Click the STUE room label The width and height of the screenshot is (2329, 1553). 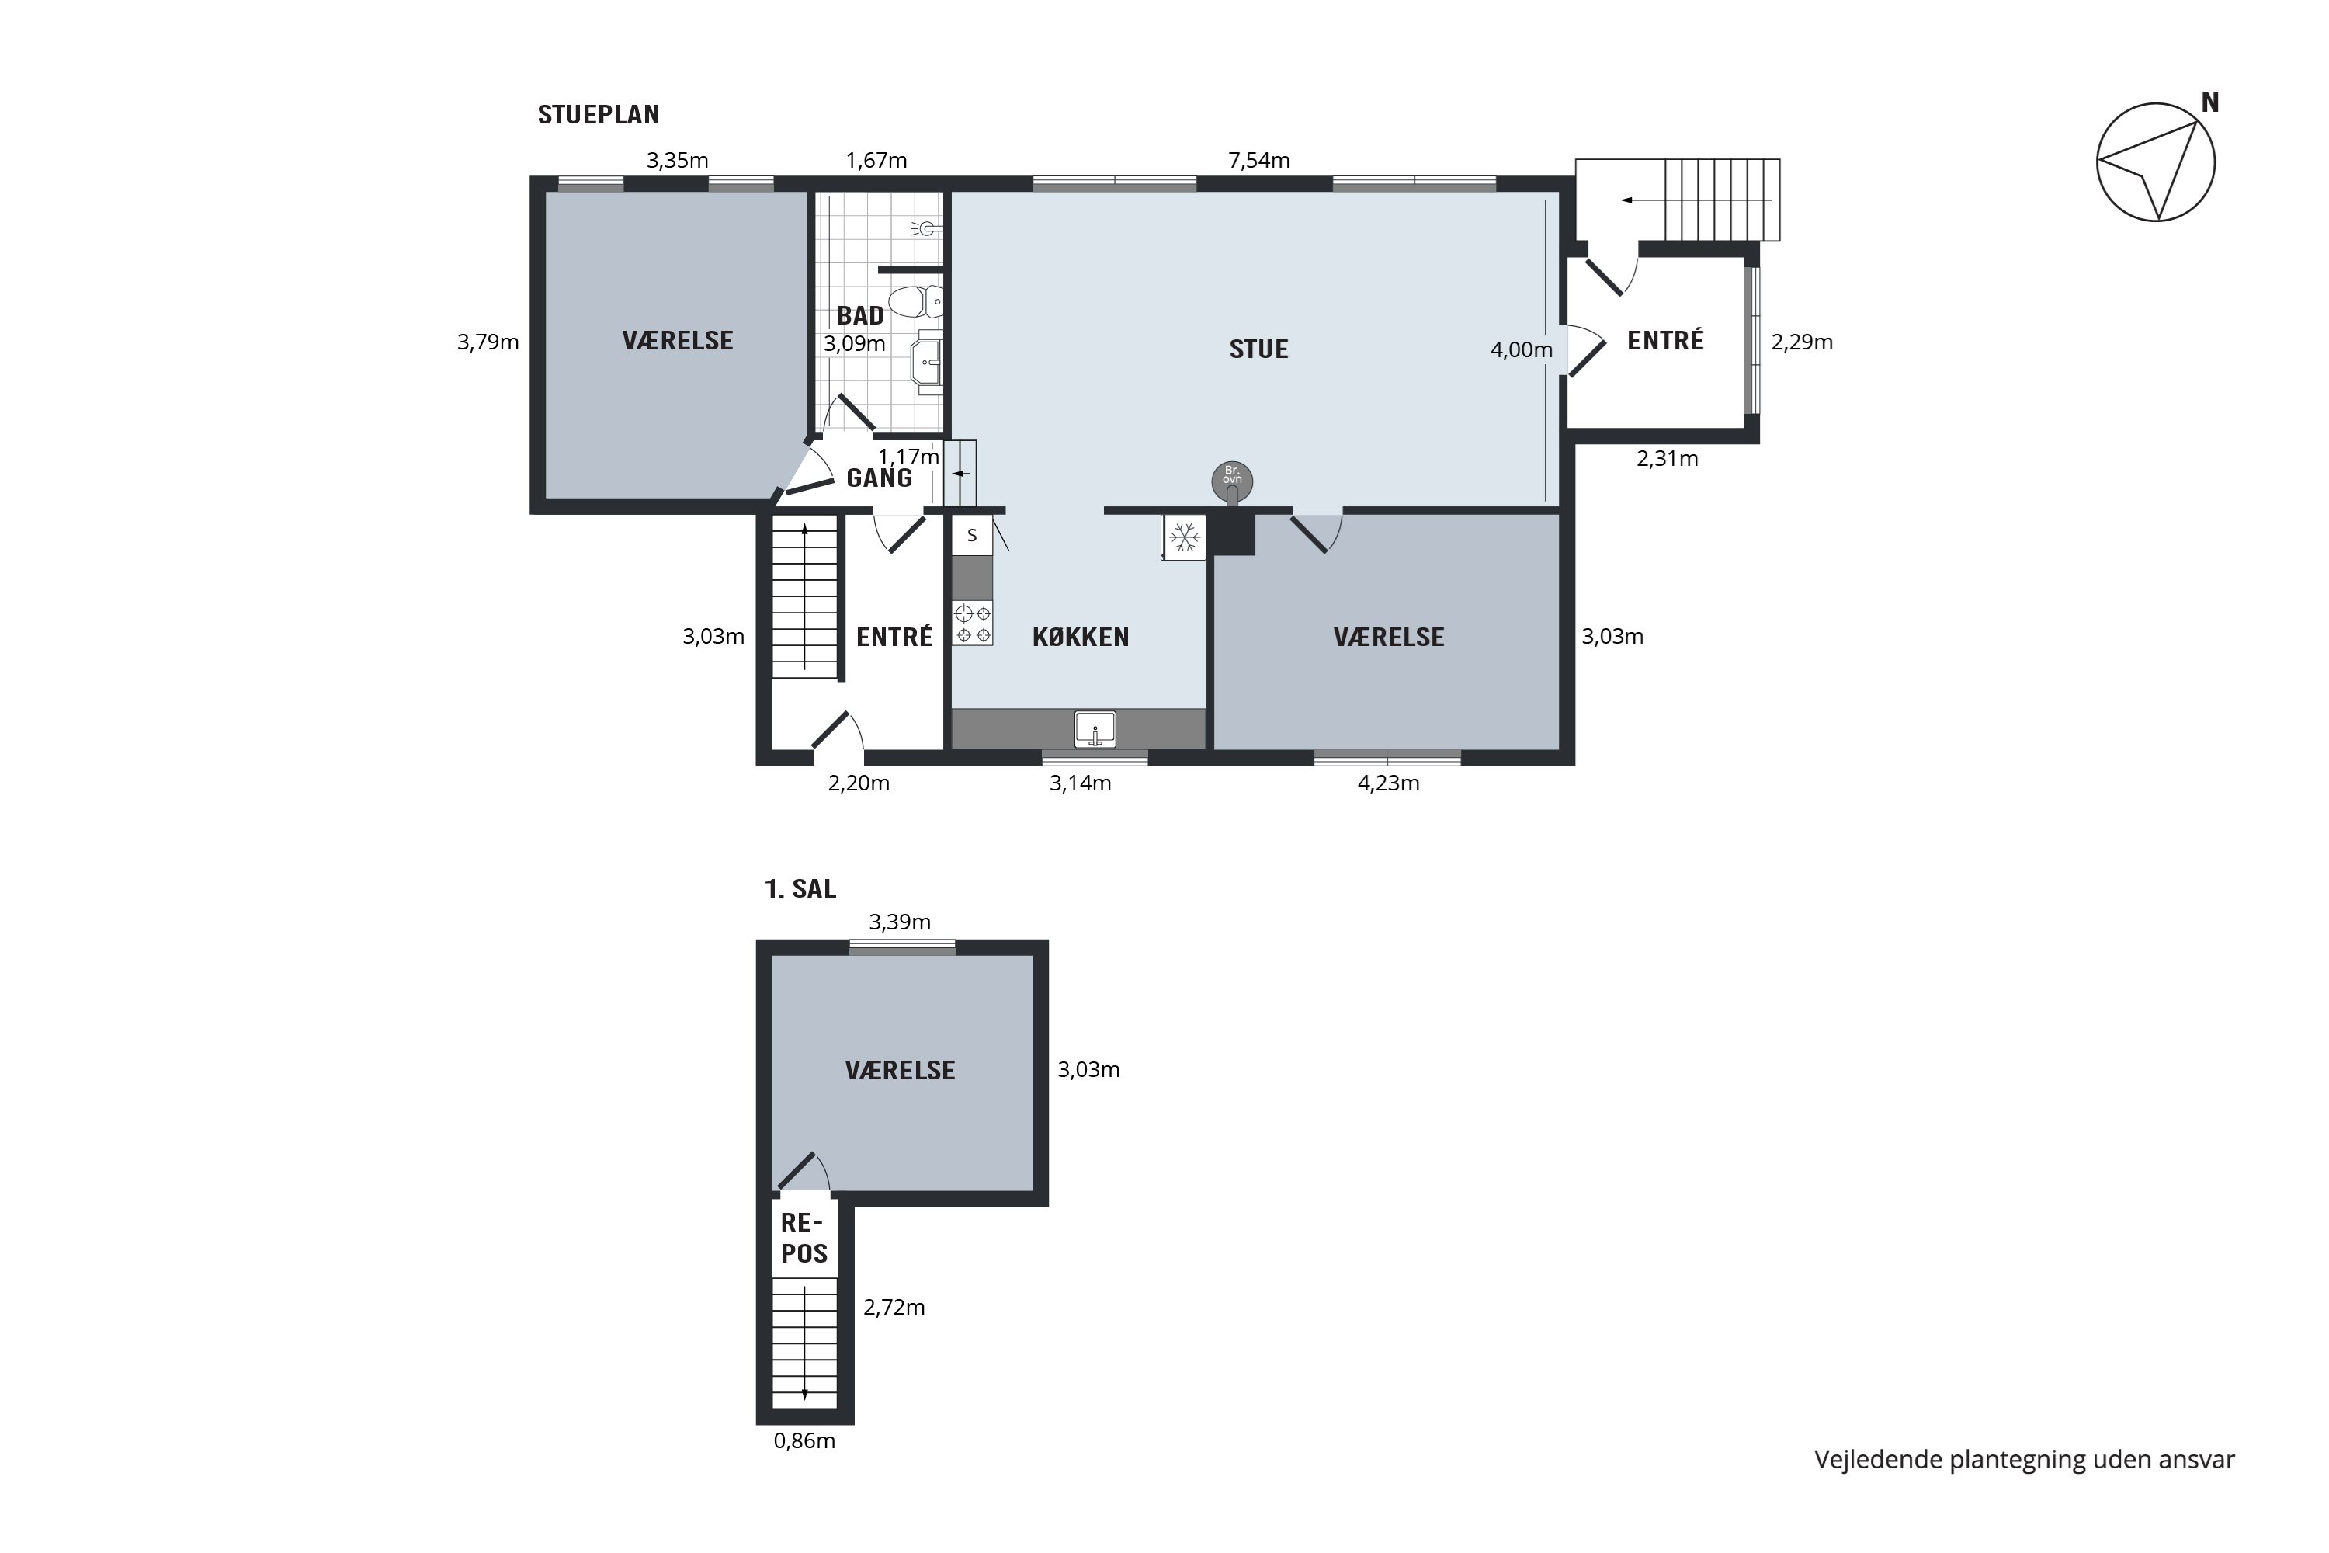click(x=1258, y=349)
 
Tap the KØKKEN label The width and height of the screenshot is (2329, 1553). click(x=1081, y=637)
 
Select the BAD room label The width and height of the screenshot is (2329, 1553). click(x=860, y=316)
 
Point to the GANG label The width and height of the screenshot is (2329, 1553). click(x=880, y=478)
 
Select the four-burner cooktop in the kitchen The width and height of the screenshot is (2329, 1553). click(x=973, y=623)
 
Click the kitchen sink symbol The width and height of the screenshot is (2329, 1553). click(x=1095, y=730)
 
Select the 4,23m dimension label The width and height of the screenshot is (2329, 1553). click(x=1388, y=783)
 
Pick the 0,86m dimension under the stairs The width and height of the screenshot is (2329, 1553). click(x=804, y=1441)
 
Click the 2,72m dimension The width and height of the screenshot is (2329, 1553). click(x=894, y=1308)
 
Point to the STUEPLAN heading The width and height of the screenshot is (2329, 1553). click(x=598, y=115)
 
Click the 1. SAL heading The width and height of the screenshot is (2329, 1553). click(x=800, y=889)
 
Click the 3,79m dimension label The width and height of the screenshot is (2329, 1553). click(x=488, y=342)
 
